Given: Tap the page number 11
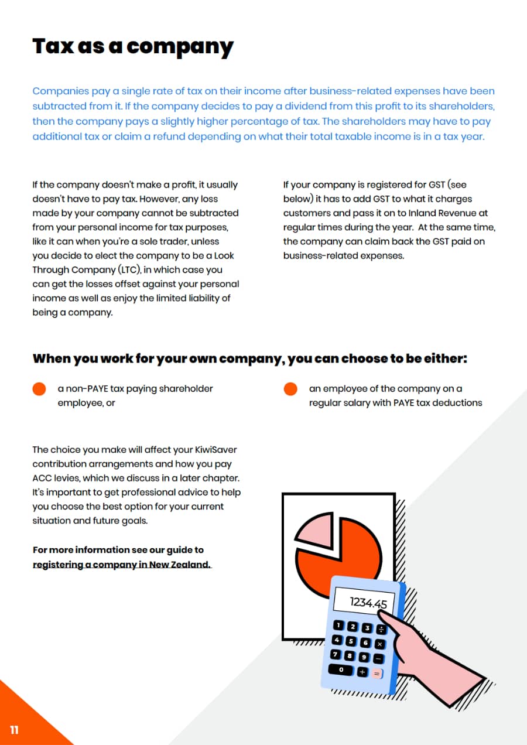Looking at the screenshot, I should [x=14, y=729].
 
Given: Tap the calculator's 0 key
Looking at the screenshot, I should [x=341, y=669].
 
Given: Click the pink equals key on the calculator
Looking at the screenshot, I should [x=377, y=674].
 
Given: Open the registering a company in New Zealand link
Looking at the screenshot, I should [x=122, y=565].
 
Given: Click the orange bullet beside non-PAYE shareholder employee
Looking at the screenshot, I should [x=39, y=389].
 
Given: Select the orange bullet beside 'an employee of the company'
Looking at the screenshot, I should [x=290, y=389].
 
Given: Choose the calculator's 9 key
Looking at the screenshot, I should [x=364, y=657].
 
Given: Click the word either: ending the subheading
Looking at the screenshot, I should [x=446, y=358].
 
